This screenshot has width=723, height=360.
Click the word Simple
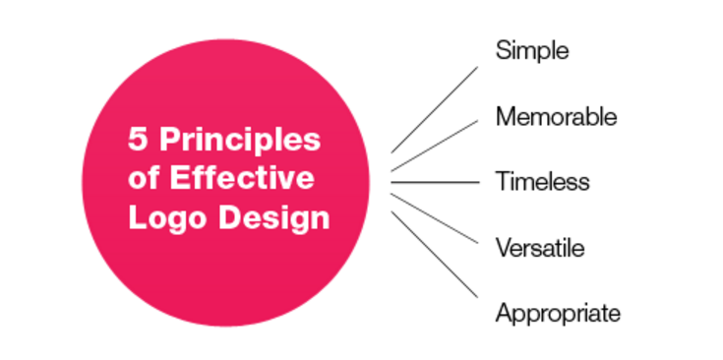pyautogui.click(x=532, y=50)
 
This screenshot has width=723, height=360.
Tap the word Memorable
pyautogui.click(x=556, y=116)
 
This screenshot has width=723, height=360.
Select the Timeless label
pyautogui.click(x=542, y=182)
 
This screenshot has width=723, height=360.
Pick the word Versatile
pyautogui.click(x=540, y=248)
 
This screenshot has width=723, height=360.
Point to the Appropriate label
pyautogui.click(x=558, y=314)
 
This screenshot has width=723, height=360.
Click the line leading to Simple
pyautogui.click(x=434, y=109)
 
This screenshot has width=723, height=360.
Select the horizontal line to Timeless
pyautogui.click(x=434, y=182)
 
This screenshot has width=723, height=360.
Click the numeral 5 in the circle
pyautogui.click(x=137, y=141)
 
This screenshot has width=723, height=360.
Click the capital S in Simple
pyautogui.click(x=503, y=50)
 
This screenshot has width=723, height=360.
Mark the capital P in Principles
pyautogui.click(x=169, y=141)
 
